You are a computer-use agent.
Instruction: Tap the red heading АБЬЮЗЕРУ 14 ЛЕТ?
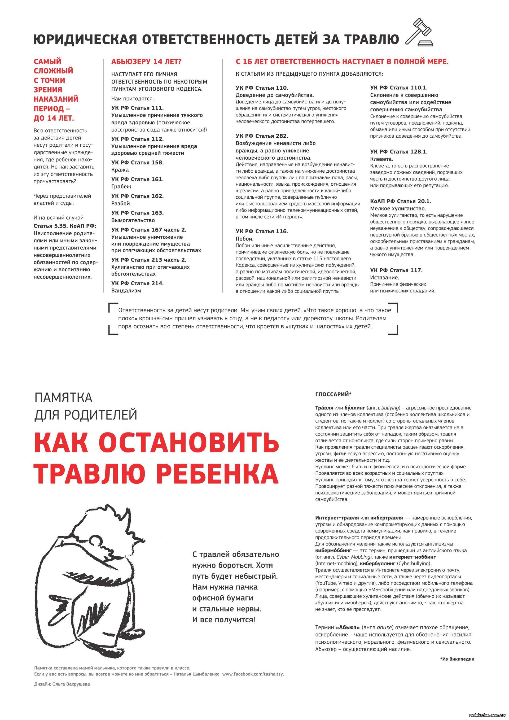146,62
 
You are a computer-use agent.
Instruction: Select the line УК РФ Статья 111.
137,108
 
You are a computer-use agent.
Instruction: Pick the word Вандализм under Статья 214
126,290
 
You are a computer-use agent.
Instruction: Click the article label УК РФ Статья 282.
262,136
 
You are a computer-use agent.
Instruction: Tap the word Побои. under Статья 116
244,239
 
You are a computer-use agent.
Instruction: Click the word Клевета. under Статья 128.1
381,159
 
